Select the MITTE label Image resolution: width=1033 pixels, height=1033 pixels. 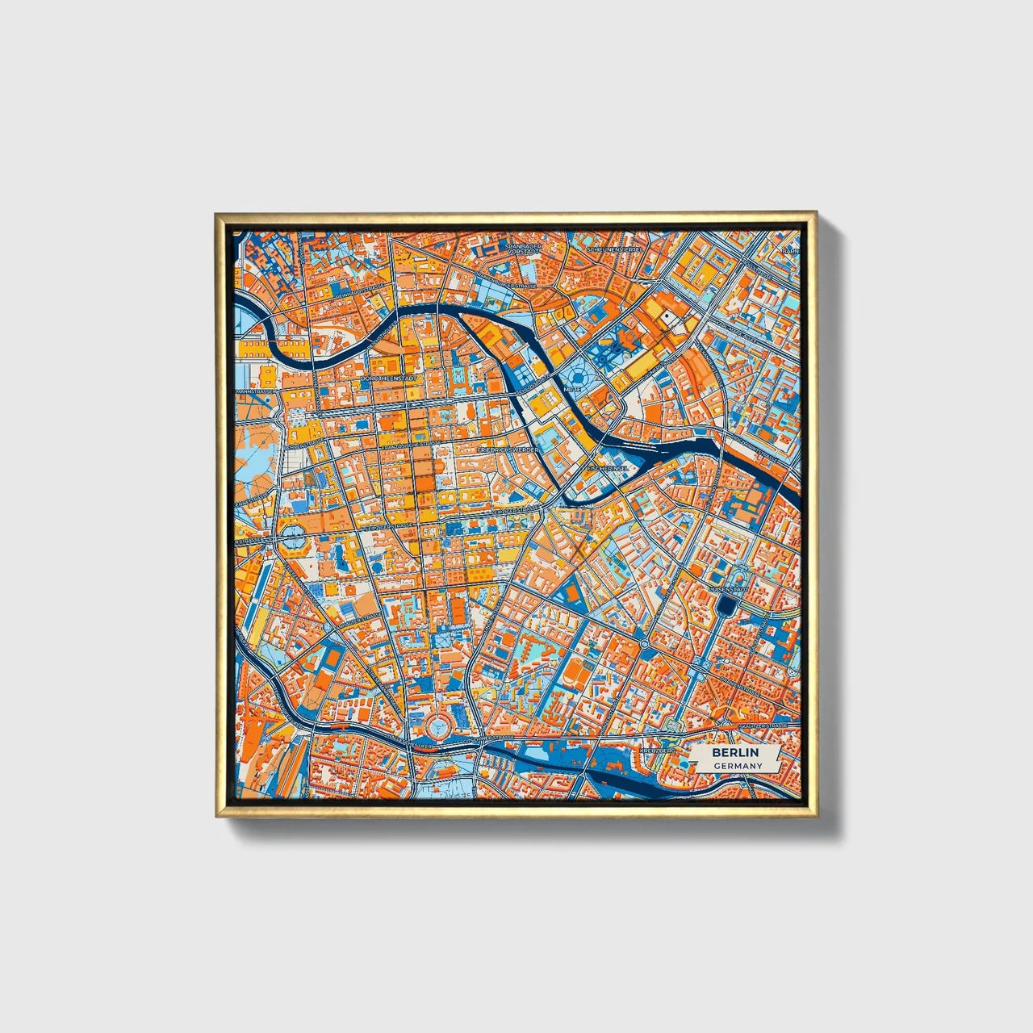click(571, 389)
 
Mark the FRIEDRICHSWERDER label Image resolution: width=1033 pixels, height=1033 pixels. click(507, 448)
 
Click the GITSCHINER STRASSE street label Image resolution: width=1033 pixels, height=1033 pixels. click(484, 738)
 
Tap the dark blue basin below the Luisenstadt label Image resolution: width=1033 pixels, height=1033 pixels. click(730, 606)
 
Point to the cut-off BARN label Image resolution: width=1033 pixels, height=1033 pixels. click(790, 251)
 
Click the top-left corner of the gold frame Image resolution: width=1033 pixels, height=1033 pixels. click(216, 215)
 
